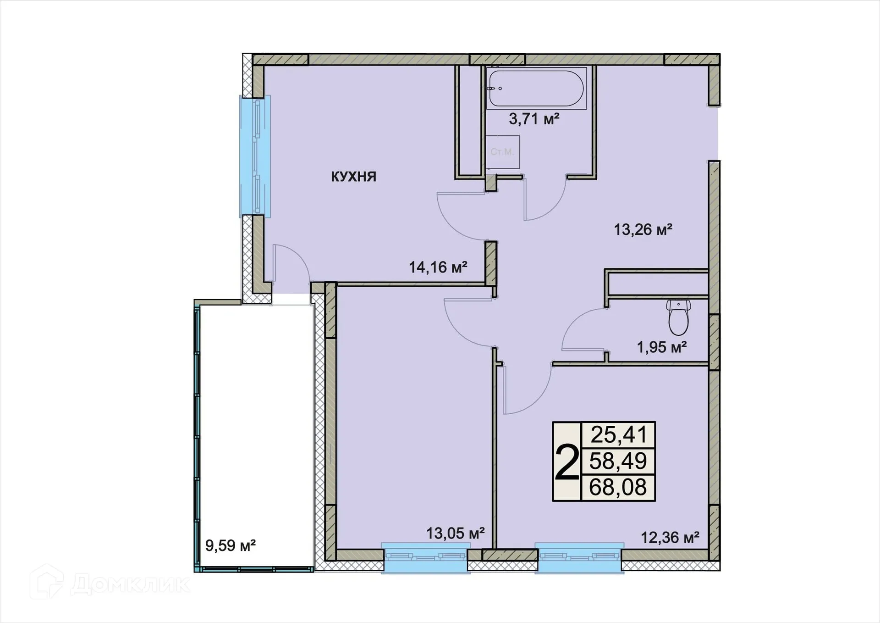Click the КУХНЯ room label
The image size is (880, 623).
(x=353, y=177)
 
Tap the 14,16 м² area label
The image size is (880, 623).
(x=438, y=267)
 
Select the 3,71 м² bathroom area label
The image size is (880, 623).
(x=534, y=119)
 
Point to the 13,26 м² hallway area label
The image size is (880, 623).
(x=643, y=229)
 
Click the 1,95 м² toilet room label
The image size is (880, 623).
(x=661, y=347)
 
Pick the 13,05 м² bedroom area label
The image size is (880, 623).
(x=455, y=534)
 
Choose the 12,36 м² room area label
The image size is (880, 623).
(x=670, y=538)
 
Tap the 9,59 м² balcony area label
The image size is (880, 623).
(x=230, y=545)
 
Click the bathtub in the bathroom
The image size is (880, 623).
(x=536, y=88)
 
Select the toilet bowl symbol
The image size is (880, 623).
(x=678, y=317)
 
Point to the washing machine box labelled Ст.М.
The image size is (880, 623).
(x=502, y=152)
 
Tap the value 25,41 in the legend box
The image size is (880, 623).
(x=618, y=435)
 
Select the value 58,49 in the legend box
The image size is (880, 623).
(x=618, y=461)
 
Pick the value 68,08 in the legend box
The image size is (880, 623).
(x=618, y=487)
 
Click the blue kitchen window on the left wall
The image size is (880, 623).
(x=255, y=156)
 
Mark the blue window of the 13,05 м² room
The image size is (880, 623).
(x=425, y=557)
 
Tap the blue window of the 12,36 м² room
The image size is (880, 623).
(x=579, y=557)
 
